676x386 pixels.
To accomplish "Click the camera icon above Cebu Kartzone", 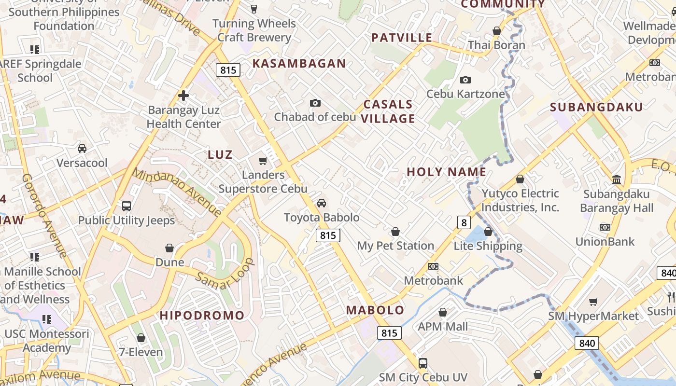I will [x=465, y=80].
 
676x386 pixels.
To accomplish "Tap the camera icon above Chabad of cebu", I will [x=315, y=103].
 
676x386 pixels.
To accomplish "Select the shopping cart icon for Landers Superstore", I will [x=263, y=161].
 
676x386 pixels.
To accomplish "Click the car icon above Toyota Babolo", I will [x=322, y=203].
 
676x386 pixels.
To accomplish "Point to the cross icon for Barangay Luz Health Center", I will [x=183, y=96].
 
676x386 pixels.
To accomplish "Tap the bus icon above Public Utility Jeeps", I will [x=127, y=206].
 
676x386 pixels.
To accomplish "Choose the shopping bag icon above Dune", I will [x=169, y=248].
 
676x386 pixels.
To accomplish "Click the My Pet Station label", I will [x=395, y=246].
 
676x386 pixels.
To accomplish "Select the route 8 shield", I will [x=464, y=222].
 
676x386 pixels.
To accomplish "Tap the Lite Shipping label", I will [x=488, y=246].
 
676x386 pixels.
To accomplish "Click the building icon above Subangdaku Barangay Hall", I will [x=617, y=179].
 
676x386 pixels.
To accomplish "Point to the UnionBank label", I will [x=605, y=241].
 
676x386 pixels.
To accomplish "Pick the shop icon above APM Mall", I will [x=443, y=313].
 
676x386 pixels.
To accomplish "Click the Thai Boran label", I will [x=496, y=45].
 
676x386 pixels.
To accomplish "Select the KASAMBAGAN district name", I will [x=299, y=63].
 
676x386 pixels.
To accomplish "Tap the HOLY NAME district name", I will [x=446, y=172].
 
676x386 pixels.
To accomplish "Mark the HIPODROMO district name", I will [x=202, y=316].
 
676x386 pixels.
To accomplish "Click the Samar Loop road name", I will [x=225, y=275].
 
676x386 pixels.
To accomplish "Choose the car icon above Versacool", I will [x=82, y=149].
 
